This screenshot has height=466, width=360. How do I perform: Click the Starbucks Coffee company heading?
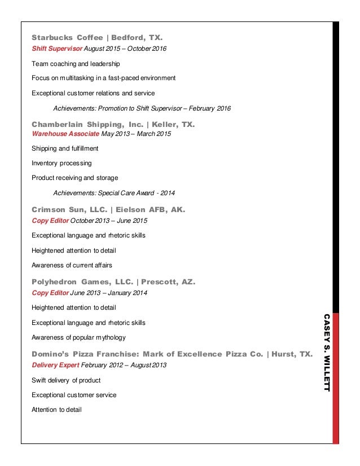point(67,38)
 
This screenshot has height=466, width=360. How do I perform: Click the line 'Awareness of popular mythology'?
point(78,337)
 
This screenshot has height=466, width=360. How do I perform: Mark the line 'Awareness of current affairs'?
point(72,265)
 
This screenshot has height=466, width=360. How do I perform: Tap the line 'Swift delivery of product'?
point(66,380)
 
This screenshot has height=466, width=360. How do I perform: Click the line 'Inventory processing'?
point(62,163)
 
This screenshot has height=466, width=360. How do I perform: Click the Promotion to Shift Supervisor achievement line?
point(142,108)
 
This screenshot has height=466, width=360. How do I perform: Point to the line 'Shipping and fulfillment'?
point(65,148)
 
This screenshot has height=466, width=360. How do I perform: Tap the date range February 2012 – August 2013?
point(125,365)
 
